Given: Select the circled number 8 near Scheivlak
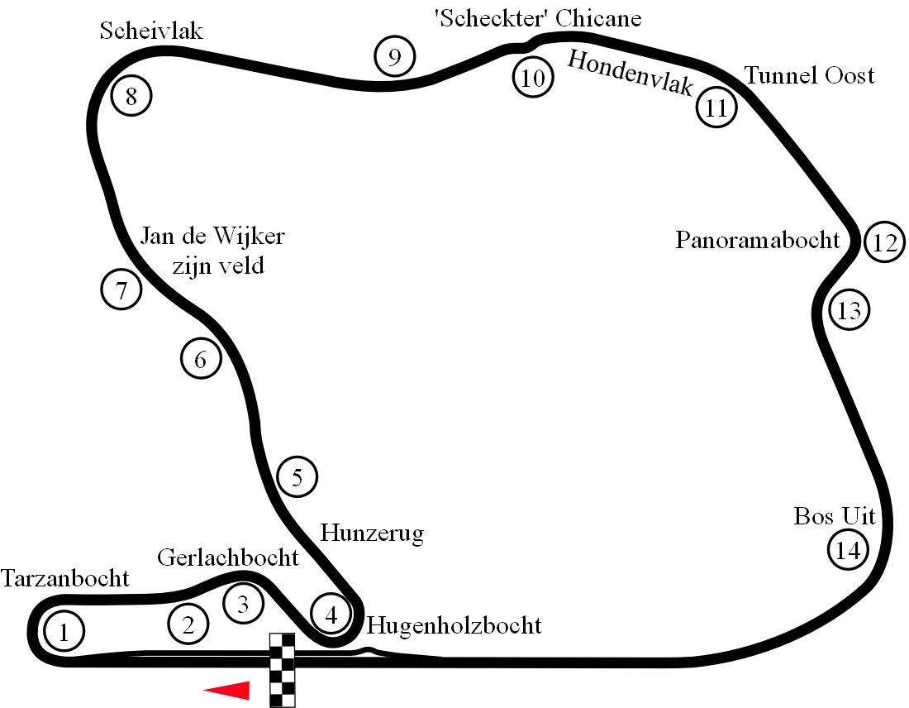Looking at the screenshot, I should pyautogui.click(x=131, y=97).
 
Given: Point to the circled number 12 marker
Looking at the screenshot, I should pyautogui.click(x=884, y=243).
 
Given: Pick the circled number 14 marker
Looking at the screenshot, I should pyautogui.click(x=849, y=550).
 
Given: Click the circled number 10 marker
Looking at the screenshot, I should pyautogui.click(x=533, y=79).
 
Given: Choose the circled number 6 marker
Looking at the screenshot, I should pyautogui.click(x=201, y=360).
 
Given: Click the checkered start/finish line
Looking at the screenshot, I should pyautogui.click(x=283, y=670).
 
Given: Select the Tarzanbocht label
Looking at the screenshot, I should pyautogui.click(x=65, y=578).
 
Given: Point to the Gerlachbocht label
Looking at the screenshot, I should pyautogui.click(x=228, y=557).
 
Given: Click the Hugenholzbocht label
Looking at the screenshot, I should pyautogui.click(x=454, y=624).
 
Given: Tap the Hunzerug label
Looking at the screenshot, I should pyautogui.click(x=372, y=533).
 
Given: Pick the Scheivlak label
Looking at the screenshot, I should pyautogui.click(x=151, y=31).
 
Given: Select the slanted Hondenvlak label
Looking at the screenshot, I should pyautogui.click(x=631, y=73).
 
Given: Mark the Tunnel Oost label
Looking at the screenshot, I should pyautogui.click(x=810, y=75).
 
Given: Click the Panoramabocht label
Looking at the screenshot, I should pyautogui.click(x=758, y=240).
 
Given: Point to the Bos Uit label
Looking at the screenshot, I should pyautogui.click(x=834, y=516).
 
